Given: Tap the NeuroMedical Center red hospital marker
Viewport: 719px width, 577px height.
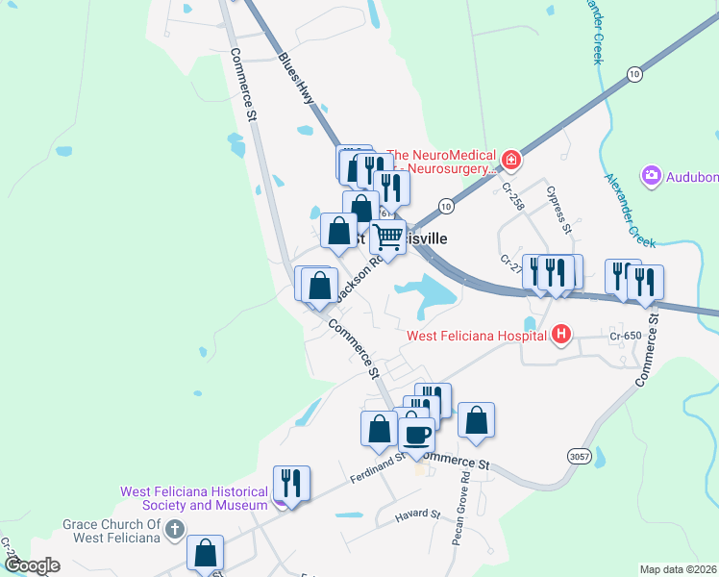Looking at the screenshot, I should (x=511, y=160).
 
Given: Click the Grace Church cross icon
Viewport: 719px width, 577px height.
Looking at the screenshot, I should (x=174, y=529).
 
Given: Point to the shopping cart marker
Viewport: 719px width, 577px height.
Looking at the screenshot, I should (x=388, y=236).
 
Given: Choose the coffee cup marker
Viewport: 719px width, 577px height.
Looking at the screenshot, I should (x=416, y=434).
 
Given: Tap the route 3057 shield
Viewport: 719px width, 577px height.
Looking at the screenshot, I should (x=579, y=456).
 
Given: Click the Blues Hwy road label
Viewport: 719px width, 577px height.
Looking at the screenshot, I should (x=296, y=77).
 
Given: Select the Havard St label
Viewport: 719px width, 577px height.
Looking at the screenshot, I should (x=416, y=516).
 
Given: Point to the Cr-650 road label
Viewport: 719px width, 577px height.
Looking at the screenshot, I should (x=625, y=336).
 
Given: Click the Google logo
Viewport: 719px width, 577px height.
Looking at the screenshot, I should (x=32, y=565).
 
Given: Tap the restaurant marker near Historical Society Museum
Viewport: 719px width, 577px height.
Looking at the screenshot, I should (x=290, y=483).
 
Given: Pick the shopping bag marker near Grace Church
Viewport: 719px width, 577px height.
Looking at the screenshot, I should (x=205, y=552).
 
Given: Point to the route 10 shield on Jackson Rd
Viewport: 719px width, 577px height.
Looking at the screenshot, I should (x=445, y=206).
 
